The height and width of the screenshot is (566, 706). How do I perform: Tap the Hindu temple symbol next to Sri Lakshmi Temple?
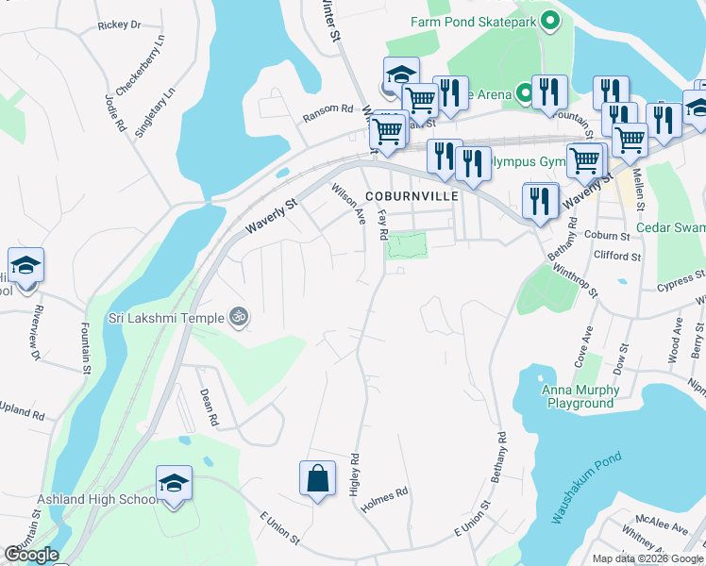click(x=239, y=318)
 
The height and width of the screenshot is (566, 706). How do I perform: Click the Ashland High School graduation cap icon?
click(x=173, y=483)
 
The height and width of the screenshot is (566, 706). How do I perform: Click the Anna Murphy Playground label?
click(x=580, y=396)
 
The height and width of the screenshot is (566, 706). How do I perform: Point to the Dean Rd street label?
click(x=209, y=407)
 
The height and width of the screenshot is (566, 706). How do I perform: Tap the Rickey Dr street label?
click(x=119, y=25)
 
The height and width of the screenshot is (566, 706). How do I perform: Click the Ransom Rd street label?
click(x=327, y=113)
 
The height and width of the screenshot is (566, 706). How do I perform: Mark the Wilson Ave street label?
click(x=348, y=204)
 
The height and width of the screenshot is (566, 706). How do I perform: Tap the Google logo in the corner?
click(x=31, y=555)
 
